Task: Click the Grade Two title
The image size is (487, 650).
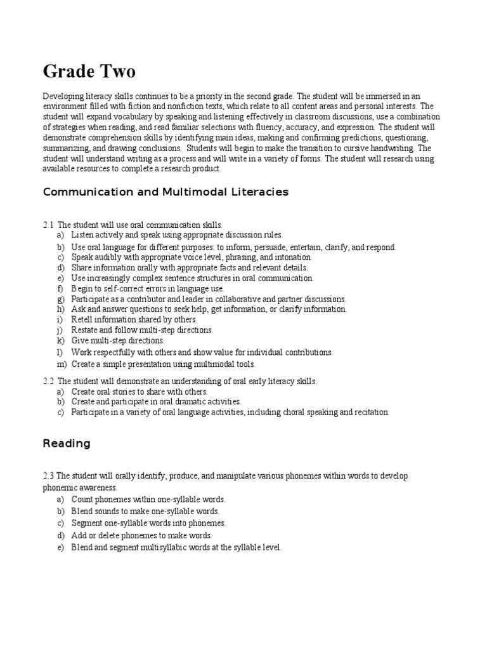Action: click(89, 70)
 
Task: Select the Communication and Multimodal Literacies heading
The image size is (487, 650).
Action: click(165, 192)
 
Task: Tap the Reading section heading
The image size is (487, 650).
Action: click(67, 444)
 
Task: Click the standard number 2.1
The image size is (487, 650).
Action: click(48, 225)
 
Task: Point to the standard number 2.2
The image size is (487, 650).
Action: click(48, 381)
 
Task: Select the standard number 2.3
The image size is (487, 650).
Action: click(48, 475)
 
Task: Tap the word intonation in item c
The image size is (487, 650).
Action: click(293, 258)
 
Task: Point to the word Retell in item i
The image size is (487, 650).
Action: click(82, 319)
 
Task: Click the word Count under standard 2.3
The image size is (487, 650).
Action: click(82, 500)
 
